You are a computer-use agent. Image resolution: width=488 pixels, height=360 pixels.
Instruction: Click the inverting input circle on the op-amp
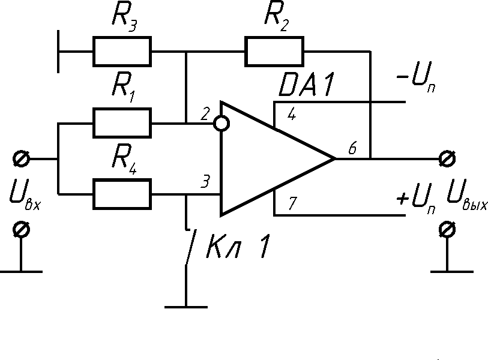pyautogui.click(x=221, y=124)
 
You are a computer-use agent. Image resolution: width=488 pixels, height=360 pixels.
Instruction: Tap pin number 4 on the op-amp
pyautogui.click(x=291, y=115)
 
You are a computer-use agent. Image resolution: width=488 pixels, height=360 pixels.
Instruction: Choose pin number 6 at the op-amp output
pyautogui.click(x=353, y=149)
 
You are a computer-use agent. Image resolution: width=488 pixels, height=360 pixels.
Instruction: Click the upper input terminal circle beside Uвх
pyautogui.click(x=21, y=159)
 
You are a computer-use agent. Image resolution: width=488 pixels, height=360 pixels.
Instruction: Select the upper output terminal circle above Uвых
pyautogui.click(x=445, y=159)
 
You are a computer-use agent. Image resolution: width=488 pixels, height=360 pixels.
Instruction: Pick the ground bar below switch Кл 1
pyautogui.click(x=186, y=307)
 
